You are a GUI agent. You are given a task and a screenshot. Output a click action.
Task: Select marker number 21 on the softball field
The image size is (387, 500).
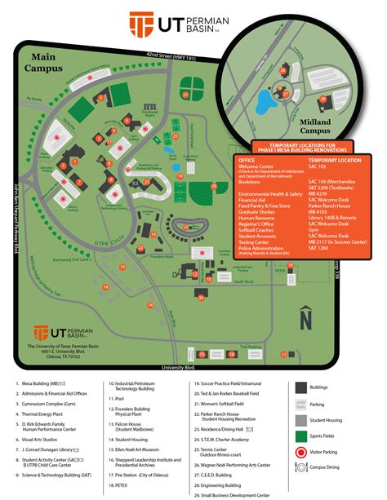[185, 95]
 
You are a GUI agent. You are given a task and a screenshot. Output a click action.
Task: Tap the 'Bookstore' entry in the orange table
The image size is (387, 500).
[250, 181]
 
